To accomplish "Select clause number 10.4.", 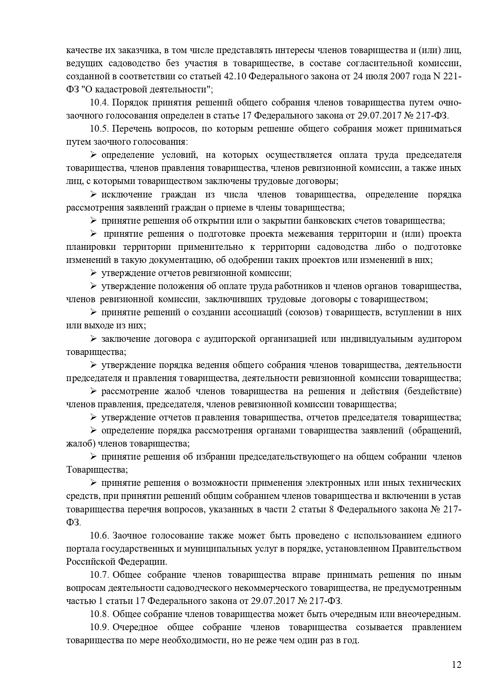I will [99, 103].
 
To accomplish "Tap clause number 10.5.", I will [99, 129].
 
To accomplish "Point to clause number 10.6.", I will [99, 536].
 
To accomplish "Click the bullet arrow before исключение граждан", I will [94, 195].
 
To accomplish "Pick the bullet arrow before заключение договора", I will [94, 339].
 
